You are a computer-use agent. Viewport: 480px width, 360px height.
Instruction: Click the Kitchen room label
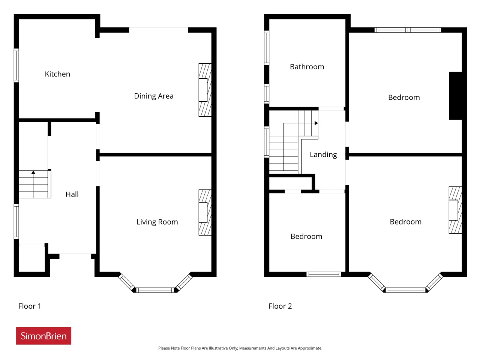[57, 74]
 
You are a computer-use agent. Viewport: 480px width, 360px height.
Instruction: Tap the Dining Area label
[154, 96]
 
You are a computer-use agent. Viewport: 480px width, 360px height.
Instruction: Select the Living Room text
[157, 222]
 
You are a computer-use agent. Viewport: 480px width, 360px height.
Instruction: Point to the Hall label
[72, 194]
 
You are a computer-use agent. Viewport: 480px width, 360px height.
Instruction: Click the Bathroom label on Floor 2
[307, 67]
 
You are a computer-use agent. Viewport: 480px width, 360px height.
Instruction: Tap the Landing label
[323, 155]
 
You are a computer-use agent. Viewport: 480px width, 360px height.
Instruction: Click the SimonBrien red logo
[43, 336]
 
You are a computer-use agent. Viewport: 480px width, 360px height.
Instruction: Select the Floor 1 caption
[30, 306]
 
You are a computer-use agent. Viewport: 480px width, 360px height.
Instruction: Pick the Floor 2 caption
[280, 306]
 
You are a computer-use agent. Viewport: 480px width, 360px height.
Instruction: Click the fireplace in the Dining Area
[205, 90]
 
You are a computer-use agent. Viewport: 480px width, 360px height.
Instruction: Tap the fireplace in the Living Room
[205, 213]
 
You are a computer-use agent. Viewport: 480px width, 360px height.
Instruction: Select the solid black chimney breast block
[455, 96]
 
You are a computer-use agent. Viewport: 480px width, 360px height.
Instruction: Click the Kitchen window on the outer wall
[16, 65]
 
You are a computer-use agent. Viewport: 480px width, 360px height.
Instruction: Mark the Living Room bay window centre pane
[155, 290]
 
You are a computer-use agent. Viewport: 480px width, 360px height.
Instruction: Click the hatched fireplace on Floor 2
[455, 210]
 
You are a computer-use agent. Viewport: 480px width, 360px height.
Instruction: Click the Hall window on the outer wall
[16, 221]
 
